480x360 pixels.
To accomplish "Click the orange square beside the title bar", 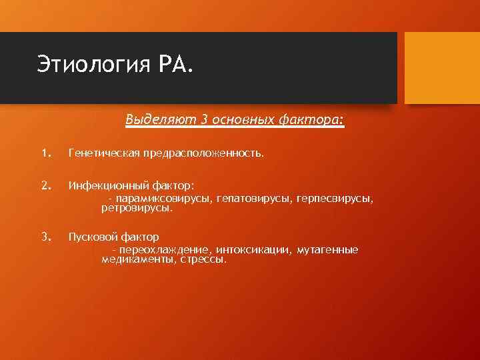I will [442, 68].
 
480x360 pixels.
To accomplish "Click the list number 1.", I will [45, 154].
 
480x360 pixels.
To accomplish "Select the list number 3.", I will [45, 237].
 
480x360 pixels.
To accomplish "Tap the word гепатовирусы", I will [248, 199].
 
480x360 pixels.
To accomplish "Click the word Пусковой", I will [90, 237].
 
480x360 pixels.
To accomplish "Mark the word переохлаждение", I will [163, 249].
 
